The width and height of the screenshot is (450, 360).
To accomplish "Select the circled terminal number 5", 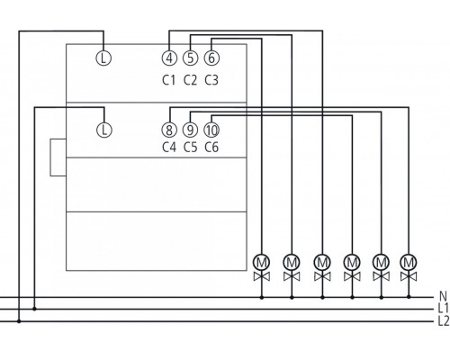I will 190,58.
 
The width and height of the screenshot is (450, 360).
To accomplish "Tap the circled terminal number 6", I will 211,58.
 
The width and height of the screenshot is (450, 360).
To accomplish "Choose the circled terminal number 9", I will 190,129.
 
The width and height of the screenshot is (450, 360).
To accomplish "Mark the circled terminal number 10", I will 211,129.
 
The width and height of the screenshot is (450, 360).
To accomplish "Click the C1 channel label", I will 169,80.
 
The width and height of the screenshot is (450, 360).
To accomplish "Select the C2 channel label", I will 190,80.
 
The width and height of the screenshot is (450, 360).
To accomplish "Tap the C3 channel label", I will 211,80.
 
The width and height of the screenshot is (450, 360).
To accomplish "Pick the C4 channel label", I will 169,148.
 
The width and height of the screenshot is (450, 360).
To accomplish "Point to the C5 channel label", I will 190,148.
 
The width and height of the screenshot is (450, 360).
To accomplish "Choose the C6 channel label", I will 211,148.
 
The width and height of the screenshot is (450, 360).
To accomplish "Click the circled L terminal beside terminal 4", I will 103,58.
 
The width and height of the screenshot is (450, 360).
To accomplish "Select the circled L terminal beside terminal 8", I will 103,129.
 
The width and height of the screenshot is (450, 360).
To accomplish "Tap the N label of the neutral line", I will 441,295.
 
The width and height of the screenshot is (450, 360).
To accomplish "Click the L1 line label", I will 441,307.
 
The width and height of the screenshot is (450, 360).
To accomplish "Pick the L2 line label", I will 441,319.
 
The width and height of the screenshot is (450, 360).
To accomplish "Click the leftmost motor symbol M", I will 262,261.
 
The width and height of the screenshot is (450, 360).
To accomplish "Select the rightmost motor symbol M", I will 410,261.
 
